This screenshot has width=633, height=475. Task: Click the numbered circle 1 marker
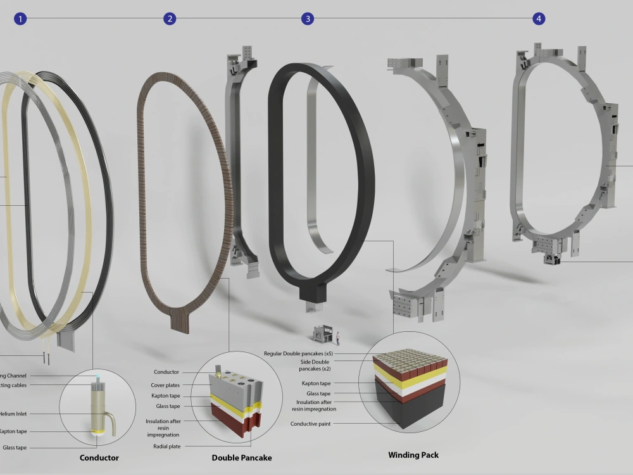(20, 18)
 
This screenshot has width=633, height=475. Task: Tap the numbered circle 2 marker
(170, 18)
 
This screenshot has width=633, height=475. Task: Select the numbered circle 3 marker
(308, 18)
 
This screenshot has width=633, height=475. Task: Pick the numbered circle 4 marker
(539, 18)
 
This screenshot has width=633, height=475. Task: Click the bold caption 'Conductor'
(99, 457)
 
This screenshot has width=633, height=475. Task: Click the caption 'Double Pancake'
(241, 457)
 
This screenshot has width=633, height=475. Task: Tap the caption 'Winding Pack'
(413, 455)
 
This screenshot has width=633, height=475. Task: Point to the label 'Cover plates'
(165, 384)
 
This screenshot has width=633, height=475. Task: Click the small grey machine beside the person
(322, 334)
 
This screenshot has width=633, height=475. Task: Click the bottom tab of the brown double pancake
(184, 320)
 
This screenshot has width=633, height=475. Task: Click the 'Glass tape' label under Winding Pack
(318, 393)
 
